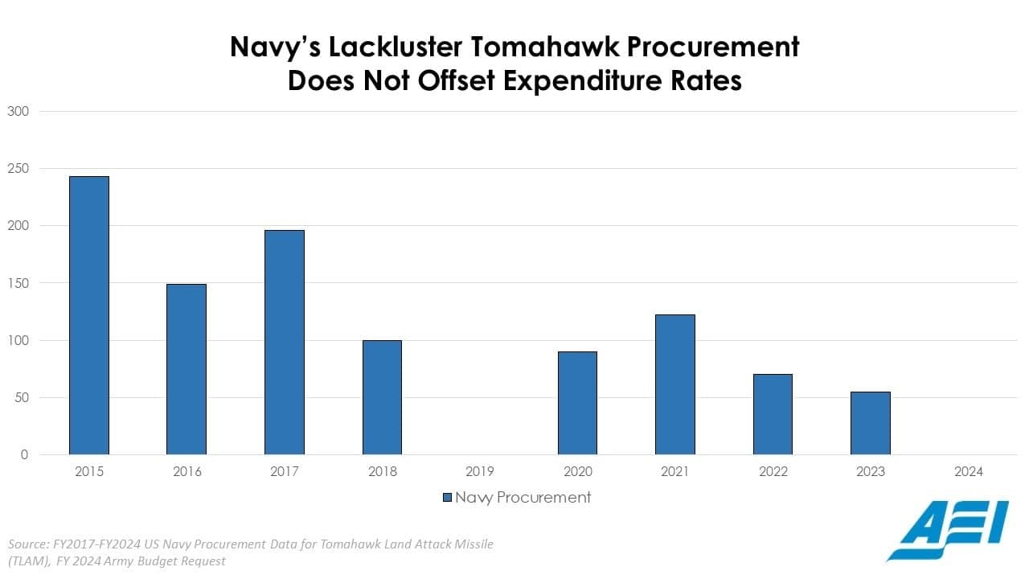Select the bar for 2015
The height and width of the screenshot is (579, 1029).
88,315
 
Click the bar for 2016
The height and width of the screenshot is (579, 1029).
187,369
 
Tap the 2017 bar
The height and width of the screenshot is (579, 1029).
285,342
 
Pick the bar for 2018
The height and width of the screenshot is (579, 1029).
382,397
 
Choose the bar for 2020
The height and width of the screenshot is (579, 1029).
577,403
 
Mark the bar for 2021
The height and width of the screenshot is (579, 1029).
675,384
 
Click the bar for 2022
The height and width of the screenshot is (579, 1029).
773,414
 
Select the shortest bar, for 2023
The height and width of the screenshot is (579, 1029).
871,423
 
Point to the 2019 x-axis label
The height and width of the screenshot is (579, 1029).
480,472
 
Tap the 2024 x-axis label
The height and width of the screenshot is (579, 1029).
969,472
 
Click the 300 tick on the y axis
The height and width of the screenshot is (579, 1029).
18,111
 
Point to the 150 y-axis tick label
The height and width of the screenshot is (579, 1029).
18,283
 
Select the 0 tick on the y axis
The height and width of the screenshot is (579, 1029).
24,455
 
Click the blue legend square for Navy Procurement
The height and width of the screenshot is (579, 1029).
447,498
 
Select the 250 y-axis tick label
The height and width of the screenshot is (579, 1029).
18,169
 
